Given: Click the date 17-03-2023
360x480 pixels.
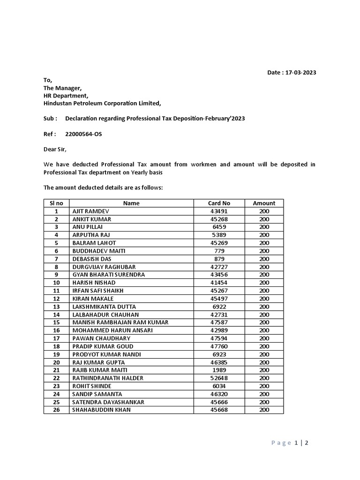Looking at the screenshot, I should click(x=303, y=73).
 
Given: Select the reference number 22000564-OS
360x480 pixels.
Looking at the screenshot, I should click(x=83, y=135).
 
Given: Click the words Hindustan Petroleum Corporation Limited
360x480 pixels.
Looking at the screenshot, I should click(x=102, y=104).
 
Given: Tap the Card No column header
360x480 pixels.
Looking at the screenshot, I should click(x=219, y=203).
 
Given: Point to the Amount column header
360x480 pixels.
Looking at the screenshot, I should click(x=264, y=203).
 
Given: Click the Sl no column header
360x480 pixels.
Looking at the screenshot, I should click(x=56, y=203).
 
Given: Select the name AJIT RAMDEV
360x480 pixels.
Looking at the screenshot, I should click(x=90, y=211).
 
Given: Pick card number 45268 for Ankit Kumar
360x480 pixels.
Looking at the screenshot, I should click(x=219, y=219).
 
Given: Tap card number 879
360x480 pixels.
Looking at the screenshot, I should click(x=219, y=259).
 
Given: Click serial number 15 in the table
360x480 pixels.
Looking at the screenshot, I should click(x=56, y=322).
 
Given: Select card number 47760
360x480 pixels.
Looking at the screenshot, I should click(x=219, y=346).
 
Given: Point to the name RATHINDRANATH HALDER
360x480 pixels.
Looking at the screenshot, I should click(x=108, y=378).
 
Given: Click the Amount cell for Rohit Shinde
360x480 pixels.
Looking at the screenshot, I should click(x=264, y=386).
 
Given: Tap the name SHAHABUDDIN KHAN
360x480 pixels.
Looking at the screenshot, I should click(x=101, y=410).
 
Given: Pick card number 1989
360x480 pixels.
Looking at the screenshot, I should click(x=219, y=370).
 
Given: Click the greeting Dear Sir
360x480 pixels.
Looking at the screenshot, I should click(x=55, y=150).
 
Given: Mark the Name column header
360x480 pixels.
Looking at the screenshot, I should click(x=131, y=203).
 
